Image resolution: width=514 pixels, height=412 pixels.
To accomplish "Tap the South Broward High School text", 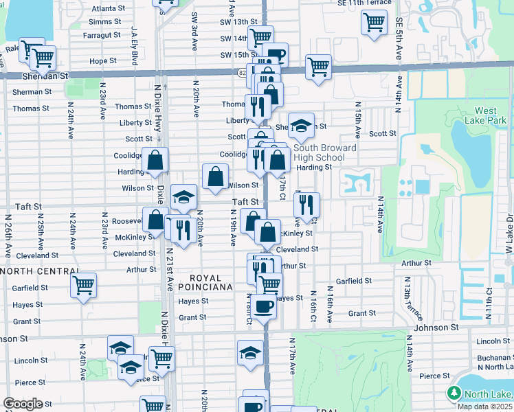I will click(x=325, y=152).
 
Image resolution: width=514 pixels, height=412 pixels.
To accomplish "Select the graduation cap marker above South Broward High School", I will click(x=301, y=126).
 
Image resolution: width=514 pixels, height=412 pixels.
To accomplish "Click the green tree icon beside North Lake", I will click(x=454, y=393).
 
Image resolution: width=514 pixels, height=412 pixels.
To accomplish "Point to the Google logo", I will click(x=23, y=404).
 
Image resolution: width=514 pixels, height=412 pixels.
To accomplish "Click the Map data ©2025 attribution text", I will click(x=484, y=407).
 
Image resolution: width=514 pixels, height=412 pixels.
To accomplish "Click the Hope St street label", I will click(x=103, y=61).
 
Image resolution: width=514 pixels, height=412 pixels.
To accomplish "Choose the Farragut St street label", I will click(x=102, y=35).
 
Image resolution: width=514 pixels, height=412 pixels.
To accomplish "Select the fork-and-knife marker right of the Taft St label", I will click(x=306, y=204).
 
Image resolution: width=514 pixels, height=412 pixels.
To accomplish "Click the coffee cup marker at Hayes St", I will click(x=263, y=306).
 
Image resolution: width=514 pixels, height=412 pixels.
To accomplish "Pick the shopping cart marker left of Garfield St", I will click(x=83, y=284).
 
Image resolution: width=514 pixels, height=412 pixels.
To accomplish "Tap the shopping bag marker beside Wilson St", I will click(x=216, y=176).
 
